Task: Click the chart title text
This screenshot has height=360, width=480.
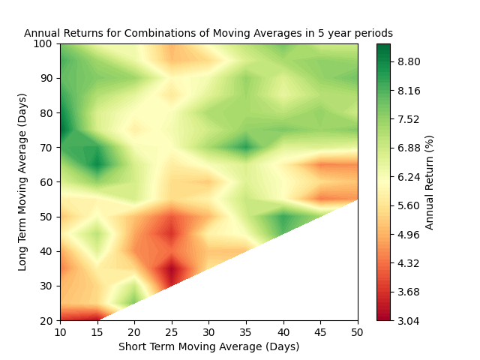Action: tap(208, 34)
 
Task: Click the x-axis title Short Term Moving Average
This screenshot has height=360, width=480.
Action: tap(208, 346)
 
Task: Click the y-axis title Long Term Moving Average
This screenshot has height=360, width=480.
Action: tap(23, 182)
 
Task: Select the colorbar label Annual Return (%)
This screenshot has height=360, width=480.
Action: tap(430, 182)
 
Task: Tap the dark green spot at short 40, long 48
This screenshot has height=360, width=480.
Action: tap(283, 223)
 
